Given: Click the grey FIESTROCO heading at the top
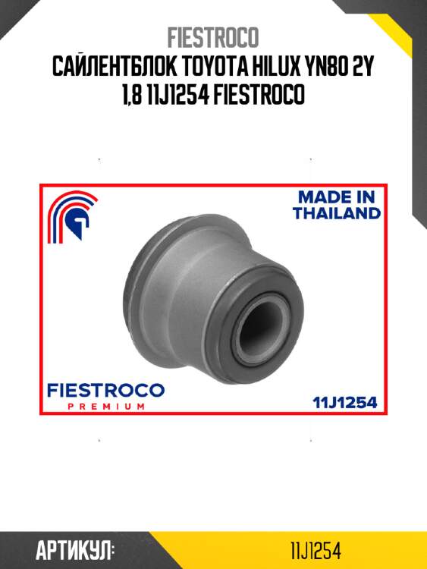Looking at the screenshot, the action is click(x=213, y=37).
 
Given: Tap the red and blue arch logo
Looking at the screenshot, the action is click(x=71, y=216).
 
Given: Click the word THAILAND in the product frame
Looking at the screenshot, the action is click(x=337, y=213).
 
